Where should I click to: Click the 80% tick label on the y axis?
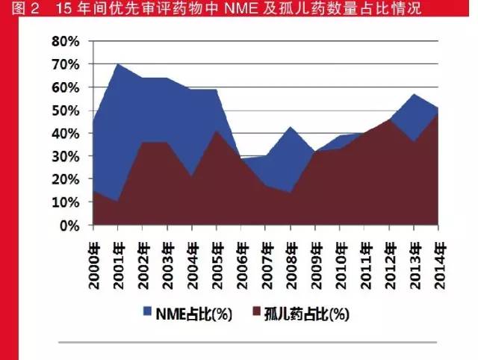(x=65, y=41)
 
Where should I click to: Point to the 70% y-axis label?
(x=65, y=64)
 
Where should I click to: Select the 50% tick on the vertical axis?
(x=65, y=111)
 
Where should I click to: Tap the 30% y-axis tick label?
(x=65, y=156)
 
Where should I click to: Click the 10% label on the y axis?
(x=65, y=202)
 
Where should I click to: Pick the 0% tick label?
(x=69, y=225)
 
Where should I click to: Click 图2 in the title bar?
(x=16, y=10)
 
